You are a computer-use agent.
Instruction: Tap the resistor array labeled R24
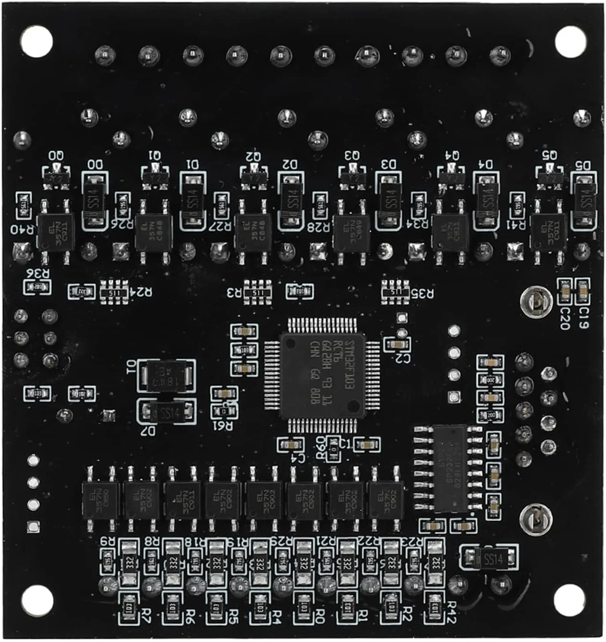pos(114,292)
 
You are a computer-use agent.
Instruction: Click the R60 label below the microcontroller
pos(320,447)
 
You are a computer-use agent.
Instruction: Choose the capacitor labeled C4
pos(291,445)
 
